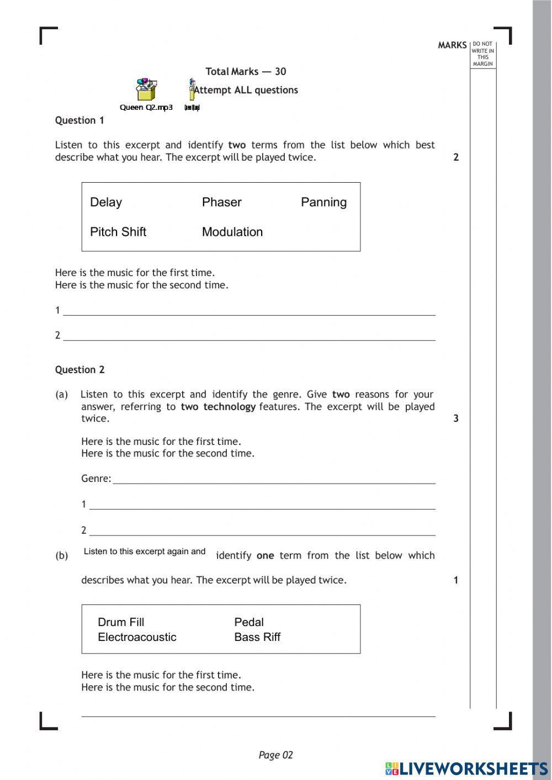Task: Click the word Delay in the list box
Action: tap(106, 203)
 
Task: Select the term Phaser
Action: tap(221, 203)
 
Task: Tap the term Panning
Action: tap(323, 203)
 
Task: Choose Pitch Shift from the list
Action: tap(118, 232)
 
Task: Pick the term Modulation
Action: tap(232, 232)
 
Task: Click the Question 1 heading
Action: tap(79, 120)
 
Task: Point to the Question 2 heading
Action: tap(79, 370)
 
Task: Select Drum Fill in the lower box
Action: tap(121, 622)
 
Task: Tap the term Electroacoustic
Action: tap(137, 637)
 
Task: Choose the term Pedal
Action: tap(249, 622)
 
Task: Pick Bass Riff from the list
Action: tap(257, 637)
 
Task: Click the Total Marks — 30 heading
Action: tap(246, 71)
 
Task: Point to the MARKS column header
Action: tap(452, 45)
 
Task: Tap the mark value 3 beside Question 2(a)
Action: tap(456, 418)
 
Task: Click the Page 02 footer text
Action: tap(275, 755)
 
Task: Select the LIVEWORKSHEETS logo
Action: tap(466, 768)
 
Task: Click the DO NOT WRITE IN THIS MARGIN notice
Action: tap(483, 54)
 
